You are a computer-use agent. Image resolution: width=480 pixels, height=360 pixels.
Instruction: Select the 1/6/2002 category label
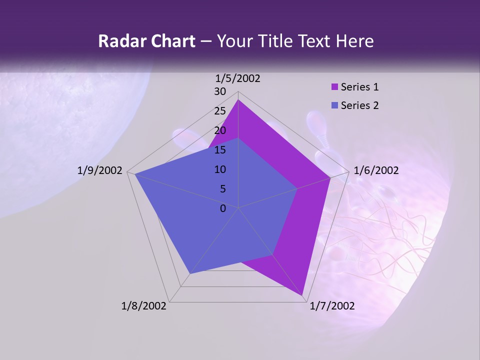[376, 170]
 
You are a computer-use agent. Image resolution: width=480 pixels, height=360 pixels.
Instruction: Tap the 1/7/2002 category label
[332, 306]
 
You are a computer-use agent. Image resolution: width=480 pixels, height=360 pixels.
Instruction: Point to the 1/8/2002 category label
[144, 306]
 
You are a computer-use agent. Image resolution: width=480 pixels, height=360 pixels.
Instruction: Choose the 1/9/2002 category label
[100, 170]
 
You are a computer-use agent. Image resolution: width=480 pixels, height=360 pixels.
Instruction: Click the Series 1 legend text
[359, 87]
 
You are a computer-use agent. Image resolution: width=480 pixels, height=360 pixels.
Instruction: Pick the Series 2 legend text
[359, 105]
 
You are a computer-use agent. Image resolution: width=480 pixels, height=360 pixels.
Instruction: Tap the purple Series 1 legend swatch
[334, 87]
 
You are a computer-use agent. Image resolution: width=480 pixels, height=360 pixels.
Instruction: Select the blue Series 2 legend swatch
[334, 106]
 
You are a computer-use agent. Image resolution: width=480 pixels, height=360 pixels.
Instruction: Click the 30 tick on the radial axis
[220, 91]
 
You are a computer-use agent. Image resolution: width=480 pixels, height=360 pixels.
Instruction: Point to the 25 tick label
[220, 111]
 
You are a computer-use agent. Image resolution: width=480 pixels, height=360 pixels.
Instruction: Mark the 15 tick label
[220, 150]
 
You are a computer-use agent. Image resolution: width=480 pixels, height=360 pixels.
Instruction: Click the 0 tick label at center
[223, 208]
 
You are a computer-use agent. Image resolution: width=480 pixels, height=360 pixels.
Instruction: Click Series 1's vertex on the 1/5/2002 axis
[238, 100]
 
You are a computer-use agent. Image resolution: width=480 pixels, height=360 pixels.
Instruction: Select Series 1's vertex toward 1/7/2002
[303, 296]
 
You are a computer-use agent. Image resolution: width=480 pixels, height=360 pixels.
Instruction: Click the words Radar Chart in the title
[146, 41]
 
